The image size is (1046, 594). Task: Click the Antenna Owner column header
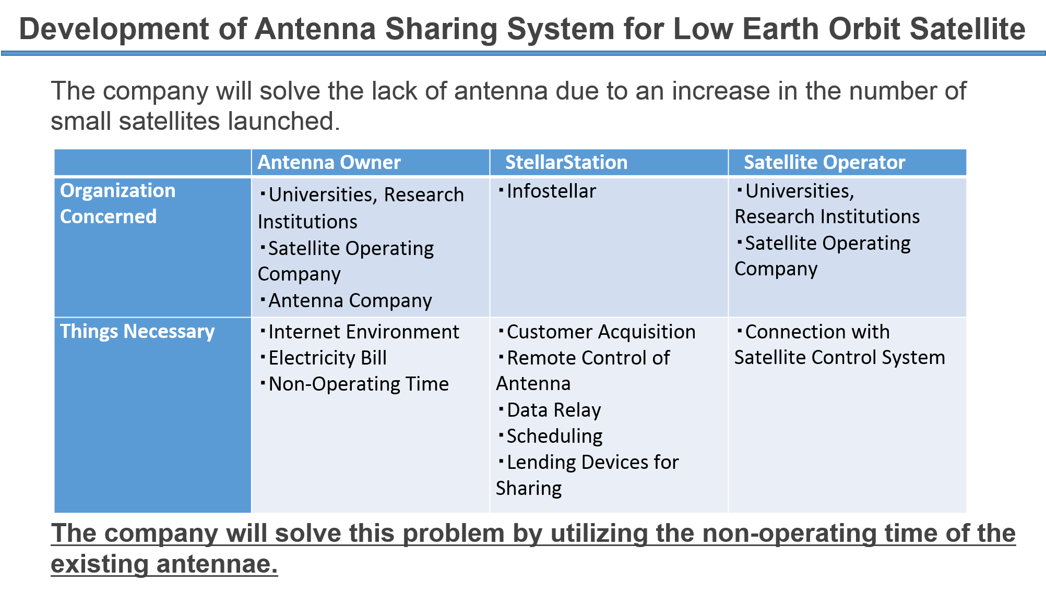pos(329,162)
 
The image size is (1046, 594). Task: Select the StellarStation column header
pos(566,162)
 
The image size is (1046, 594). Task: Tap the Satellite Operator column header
pos(824,162)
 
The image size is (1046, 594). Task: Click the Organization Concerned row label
pos(117,203)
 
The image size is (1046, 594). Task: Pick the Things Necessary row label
pos(137,332)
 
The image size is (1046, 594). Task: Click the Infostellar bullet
pos(547,191)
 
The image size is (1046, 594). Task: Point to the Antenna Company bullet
pos(346,301)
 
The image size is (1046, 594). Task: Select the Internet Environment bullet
pos(360,332)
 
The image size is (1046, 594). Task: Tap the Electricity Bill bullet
pos(324,358)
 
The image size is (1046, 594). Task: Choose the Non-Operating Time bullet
pos(354,384)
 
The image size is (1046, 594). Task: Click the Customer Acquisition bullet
pos(597,332)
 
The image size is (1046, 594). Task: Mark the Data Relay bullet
pos(550,410)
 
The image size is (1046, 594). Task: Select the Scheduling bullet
pos(551,437)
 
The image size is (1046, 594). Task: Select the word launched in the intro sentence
pos(284,121)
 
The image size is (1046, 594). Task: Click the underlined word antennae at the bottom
pos(217,564)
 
